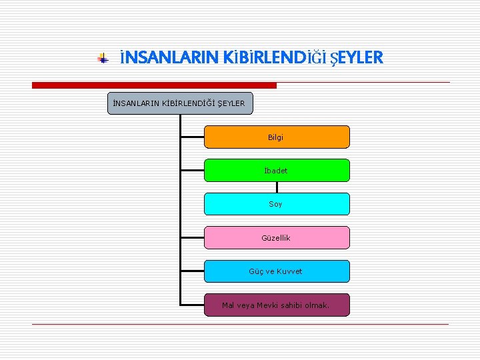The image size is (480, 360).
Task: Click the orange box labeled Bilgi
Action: (x=276, y=137)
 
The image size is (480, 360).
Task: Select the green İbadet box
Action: (x=276, y=170)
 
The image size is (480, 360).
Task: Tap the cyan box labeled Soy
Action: (x=276, y=204)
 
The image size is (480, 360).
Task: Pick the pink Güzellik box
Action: (x=276, y=237)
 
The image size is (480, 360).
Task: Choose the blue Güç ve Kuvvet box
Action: (x=276, y=271)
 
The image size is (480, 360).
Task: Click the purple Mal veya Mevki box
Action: (x=276, y=305)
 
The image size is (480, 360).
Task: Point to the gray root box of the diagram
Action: (x=180, y=103)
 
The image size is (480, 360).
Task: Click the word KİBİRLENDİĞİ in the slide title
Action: (x=267, y=59)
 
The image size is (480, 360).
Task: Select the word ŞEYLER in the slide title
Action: (x=355, y=59)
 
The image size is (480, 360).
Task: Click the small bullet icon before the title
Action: (x=103, y=59)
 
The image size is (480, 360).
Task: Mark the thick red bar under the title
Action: (x=154, y=85)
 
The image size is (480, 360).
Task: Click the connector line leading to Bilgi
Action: (x=192, y=137)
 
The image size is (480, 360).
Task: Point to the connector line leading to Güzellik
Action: (x=192, y=237)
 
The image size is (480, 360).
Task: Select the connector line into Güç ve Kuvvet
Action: (x=192, y=271)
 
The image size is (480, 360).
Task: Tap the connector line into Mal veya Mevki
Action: (x=192, y=305)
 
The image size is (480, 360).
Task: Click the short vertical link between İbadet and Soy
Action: (x=276, y=187)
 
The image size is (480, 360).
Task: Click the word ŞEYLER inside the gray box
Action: (x=231, y=103)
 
